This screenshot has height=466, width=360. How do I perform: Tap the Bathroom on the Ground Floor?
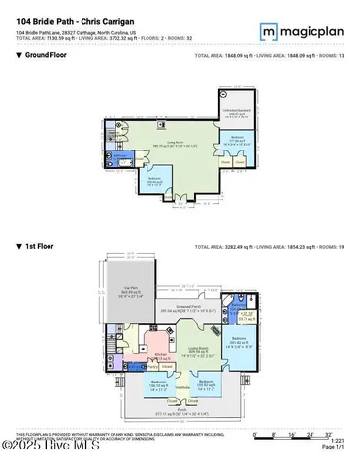(119, 155)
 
